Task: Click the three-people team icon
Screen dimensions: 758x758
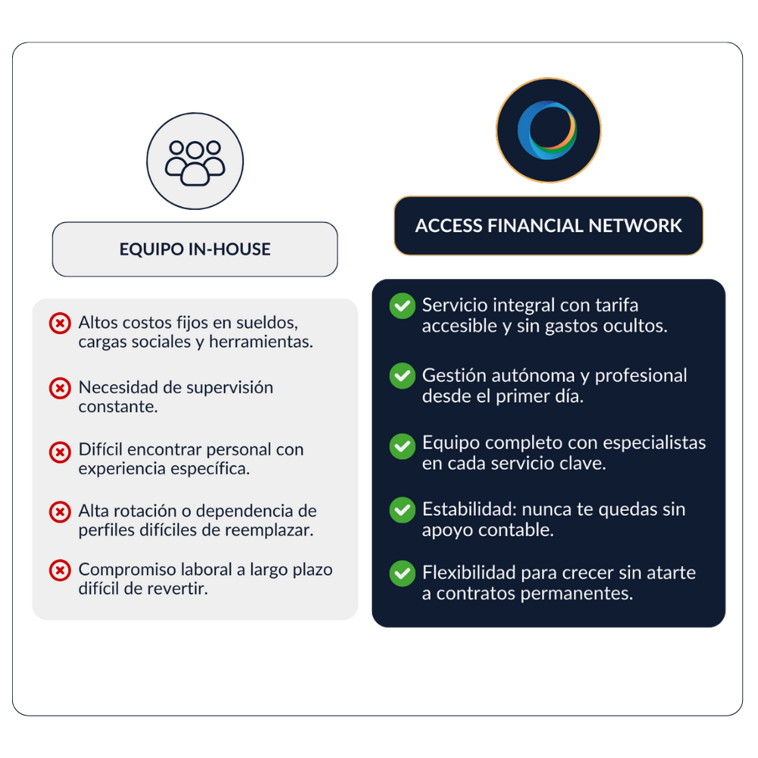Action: point(195,161)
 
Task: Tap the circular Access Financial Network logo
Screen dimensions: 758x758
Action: point(548,130)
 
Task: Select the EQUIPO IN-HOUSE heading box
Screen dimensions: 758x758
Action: point(195,249)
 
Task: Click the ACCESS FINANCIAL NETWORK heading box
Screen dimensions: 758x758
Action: point(549,226)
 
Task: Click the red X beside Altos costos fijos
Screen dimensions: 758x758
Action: point(60,324)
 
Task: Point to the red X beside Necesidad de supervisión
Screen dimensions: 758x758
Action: point(60,388)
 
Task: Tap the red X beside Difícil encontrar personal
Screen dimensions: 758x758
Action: point(60,453)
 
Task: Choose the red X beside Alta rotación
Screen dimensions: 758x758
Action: point(60,512)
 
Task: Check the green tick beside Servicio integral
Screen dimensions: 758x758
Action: point(402,306)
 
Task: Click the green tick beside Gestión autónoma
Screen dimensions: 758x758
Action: point(402,376)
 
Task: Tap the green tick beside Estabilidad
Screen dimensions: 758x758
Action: point(402,510)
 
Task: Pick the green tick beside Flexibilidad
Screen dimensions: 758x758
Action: point(402,573)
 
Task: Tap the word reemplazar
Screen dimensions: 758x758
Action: point(269,530)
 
